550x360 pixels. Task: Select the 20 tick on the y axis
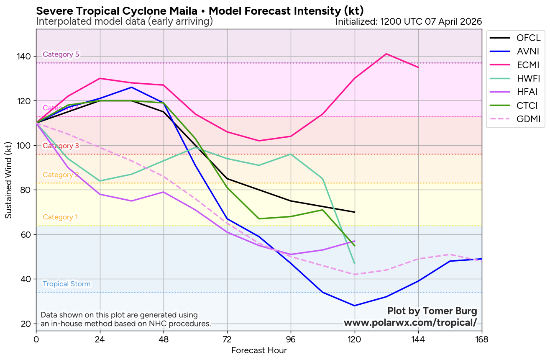pyautogui.click(x=27, y=324)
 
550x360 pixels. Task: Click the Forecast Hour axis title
pyautogui.click(x=259, y=350)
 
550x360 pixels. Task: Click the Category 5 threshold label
pyautogui.click(x=61, y=54)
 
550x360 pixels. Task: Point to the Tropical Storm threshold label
pyautogui.click(x=67, y=284)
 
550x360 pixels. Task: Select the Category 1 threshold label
pyautogui.click(x=60, y=217)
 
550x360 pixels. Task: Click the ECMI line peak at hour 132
pyautogui.click(x=386, y=54)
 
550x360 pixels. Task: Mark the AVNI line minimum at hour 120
pyautogui.click(x=355, y=306)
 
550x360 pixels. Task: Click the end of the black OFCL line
pyautogui.click(x=355, y=212)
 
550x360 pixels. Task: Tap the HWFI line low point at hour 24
pyautogui.click(x=100, y=181)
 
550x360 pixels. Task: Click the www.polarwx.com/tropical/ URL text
pyautogui.click(x=410, y=322)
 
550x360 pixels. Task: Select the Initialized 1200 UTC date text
pyautogui.click(x=409, y=21)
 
